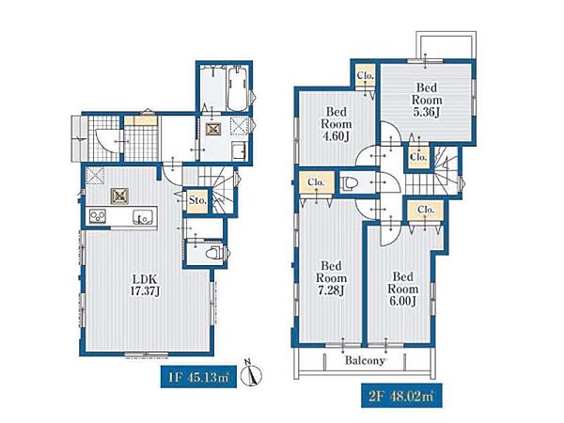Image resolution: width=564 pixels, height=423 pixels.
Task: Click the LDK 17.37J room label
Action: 145,285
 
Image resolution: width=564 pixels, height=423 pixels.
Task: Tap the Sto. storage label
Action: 197,200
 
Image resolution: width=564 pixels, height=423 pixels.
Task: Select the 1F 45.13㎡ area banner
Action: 198,377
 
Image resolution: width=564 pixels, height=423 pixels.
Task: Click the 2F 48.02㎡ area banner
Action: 401,396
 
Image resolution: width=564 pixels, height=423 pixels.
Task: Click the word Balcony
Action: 365,360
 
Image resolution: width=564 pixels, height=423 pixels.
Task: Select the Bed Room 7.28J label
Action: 331,278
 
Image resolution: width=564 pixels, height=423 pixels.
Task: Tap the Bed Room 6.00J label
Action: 403,289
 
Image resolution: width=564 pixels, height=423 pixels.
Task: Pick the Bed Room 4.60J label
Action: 337,124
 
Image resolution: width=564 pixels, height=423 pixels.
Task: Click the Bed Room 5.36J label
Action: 427,100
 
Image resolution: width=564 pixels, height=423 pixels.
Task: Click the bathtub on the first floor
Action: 238,89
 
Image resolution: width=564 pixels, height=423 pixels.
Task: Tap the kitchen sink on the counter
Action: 143,217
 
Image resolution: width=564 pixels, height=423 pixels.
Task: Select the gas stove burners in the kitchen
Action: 98,216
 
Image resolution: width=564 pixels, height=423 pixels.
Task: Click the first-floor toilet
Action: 214,253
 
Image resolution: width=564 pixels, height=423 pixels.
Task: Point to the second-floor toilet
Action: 349,183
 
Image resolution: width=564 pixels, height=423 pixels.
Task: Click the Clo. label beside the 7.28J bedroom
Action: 317,182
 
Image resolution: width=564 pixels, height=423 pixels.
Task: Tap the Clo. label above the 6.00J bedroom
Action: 426,209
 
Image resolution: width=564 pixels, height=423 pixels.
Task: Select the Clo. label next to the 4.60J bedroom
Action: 366,76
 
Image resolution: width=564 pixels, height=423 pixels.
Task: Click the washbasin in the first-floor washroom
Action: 239,150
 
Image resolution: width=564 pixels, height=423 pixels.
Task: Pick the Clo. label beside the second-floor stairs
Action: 418,157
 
